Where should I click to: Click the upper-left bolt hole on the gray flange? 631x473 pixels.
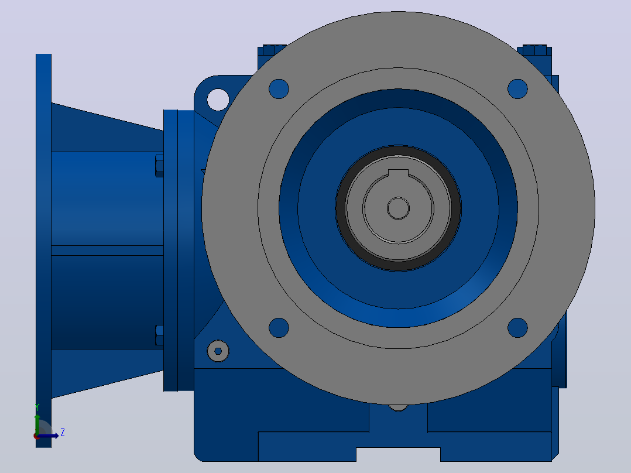click(279, 89)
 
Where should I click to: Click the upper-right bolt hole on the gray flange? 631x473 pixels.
click(517, 89)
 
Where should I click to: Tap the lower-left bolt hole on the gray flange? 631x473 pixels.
click(279, 328)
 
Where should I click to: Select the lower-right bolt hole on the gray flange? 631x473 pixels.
click(517, 328)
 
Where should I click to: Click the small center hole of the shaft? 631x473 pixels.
click(399, 208)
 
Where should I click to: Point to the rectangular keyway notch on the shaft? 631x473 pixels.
click(399, 173)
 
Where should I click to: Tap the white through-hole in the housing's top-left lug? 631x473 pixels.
click(218, 100)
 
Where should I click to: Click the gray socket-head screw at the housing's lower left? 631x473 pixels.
click(218, 351)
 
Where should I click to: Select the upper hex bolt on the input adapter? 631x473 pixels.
click(159, 166)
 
